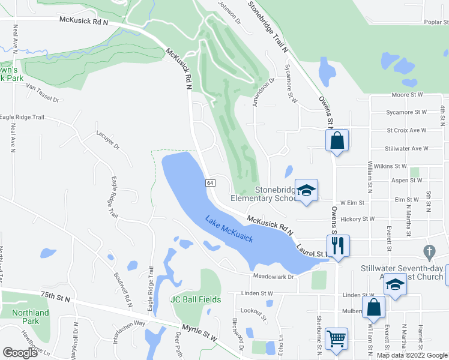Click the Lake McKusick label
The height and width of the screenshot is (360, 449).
(229, 229)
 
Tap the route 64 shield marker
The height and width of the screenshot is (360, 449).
(210, 182)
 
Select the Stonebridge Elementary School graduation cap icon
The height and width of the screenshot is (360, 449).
(307, 191)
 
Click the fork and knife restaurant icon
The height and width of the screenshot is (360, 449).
(338, 245)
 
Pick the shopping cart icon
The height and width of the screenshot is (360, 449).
(337, 338)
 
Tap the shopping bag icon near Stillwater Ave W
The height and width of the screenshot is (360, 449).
(337, 141)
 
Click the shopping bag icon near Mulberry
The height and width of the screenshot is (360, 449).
(373, 307)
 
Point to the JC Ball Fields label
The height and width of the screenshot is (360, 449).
(196, 299)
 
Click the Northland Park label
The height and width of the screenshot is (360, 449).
(31, 317)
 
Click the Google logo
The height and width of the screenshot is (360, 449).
(20, 353)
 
